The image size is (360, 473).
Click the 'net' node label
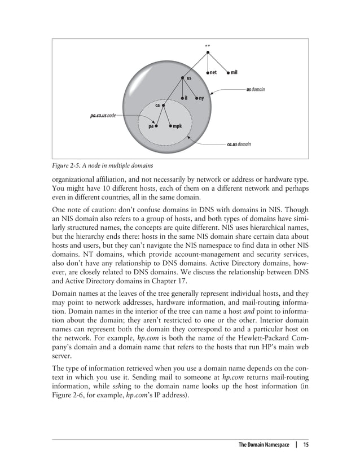click(214, 72)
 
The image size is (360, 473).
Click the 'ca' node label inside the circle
click(158, 105)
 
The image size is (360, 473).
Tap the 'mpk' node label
click(177, 126)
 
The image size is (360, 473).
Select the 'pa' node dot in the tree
click(156, 126)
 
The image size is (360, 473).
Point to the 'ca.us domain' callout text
click(238, 144)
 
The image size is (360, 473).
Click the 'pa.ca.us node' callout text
click(103, 115)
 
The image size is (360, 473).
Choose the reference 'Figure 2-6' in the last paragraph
click(71, 396)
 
